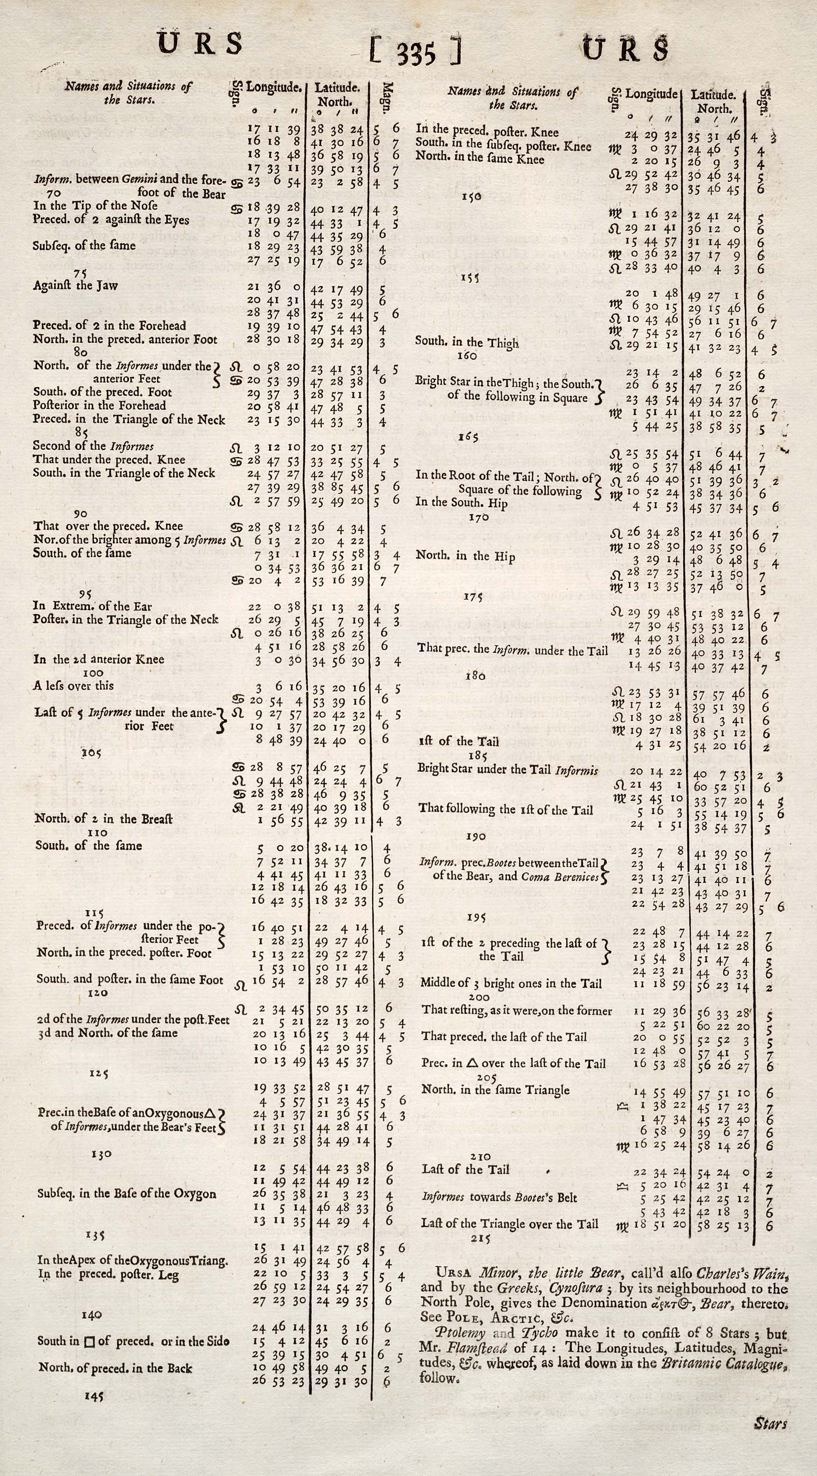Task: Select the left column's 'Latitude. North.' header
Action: pyautogui.click(x=337, y=95)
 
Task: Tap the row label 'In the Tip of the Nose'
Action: pyautogui.click(x=95, y=206)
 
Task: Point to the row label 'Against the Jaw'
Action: pyautogui.click(x=75, y=285)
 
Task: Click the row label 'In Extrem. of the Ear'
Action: pyautogui.click(x=92, y=606)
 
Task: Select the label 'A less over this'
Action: pyautogui.click(x=73, y=686)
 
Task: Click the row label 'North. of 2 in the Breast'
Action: pyautogui.click(x=104, y=818)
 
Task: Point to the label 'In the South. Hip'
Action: pyautogui.click(x=461, y=503)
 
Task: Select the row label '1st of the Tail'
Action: pyautogui.click(x=459, y=741)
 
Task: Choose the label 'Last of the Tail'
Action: pyautogui.click(x=465, y=1169)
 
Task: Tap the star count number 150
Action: pyautogui.click(x=471, y=197)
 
